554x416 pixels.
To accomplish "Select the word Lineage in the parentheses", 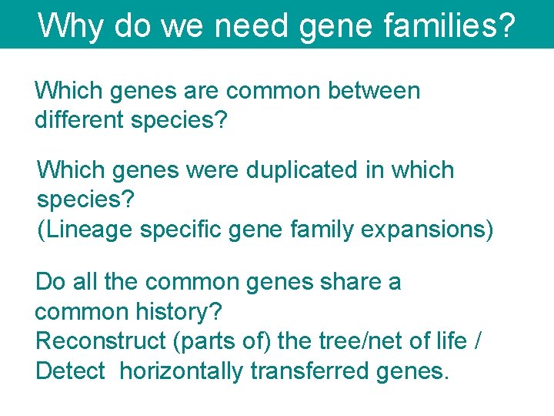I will [94, 230].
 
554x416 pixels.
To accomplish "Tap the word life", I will [450, 341].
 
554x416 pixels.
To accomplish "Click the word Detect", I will [70, 371].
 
